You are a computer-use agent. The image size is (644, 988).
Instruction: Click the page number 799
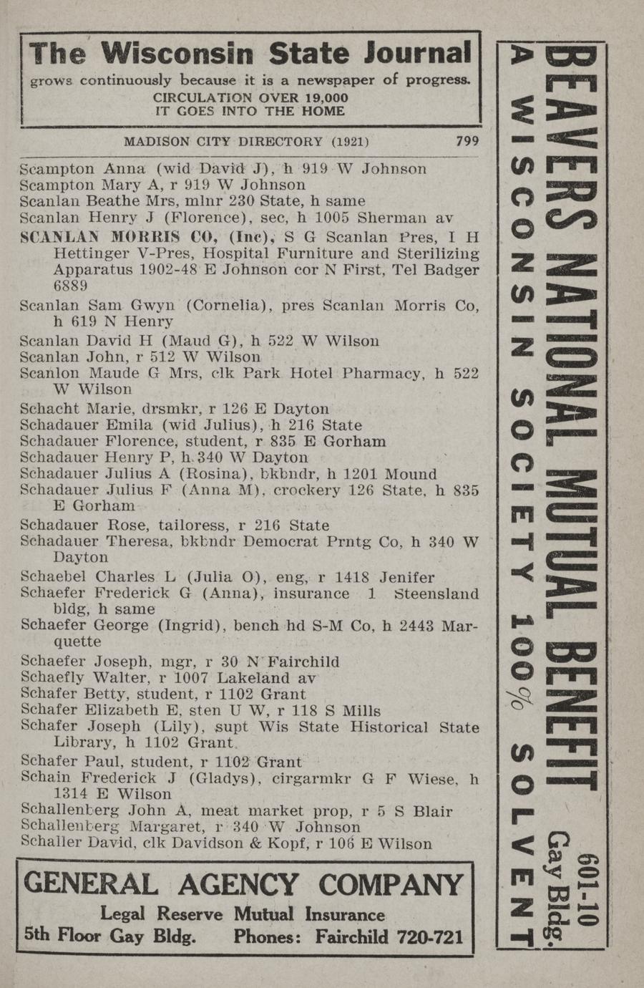pos(467,141)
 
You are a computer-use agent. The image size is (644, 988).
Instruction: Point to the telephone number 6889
pos(71,286)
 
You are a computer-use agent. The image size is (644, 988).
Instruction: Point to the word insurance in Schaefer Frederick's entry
pos(312,594)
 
